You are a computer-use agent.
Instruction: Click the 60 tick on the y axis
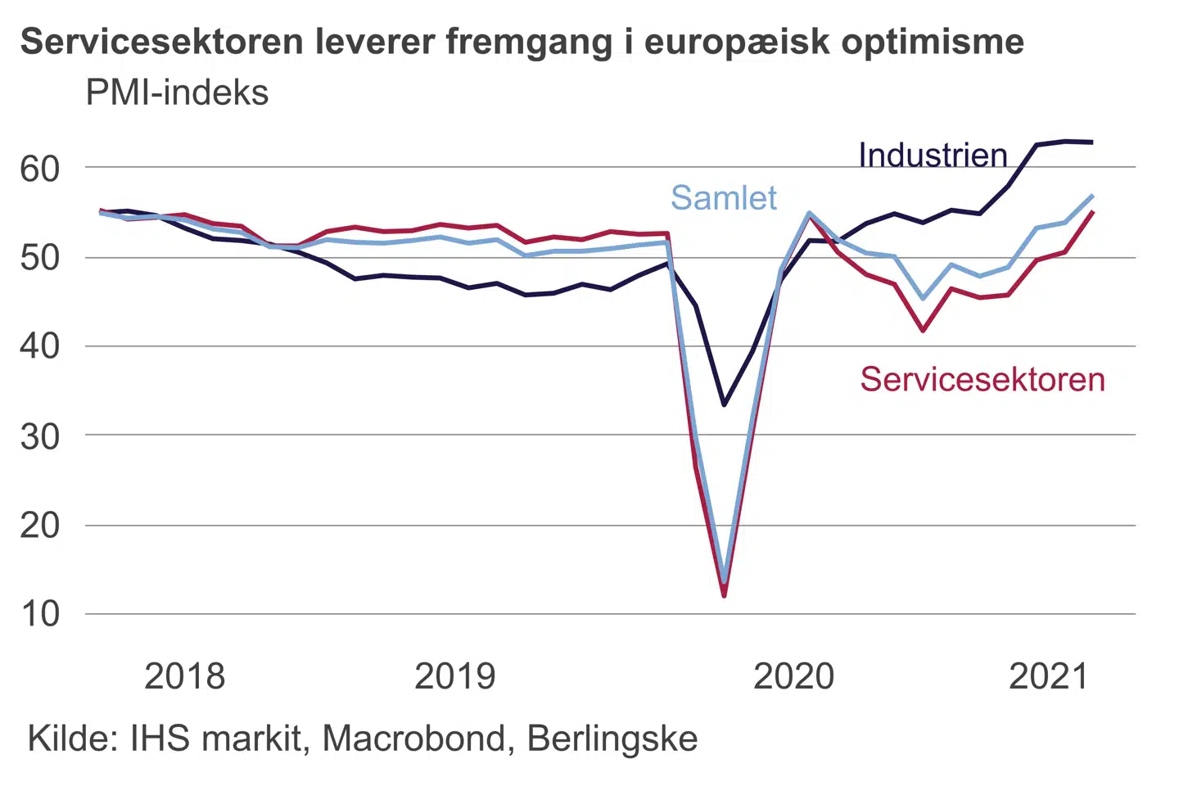[40, 169]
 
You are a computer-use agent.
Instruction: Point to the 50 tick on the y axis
[40, 258]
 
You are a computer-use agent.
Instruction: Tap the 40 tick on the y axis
[40, 346]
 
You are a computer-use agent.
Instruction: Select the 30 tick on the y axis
[40, 436]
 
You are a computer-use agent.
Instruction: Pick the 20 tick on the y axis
[40, 525]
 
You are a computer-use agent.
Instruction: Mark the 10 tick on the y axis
[40, 613]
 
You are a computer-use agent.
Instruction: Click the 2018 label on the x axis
[184, 676]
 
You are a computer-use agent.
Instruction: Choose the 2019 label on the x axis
[455, 676]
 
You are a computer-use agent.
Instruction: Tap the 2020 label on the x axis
[793, 676]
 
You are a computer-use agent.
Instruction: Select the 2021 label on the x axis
[1049, 676]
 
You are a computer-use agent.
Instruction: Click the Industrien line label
[933, 155]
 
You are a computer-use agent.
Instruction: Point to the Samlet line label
[724, 198]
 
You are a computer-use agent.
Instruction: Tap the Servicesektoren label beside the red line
[982, 380]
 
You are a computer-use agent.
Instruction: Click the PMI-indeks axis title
[178, 93]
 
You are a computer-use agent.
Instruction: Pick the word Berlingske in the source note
[612, 739]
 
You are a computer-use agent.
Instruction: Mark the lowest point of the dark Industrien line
[724, 404]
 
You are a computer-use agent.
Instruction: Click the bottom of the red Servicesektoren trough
[724, 595]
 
